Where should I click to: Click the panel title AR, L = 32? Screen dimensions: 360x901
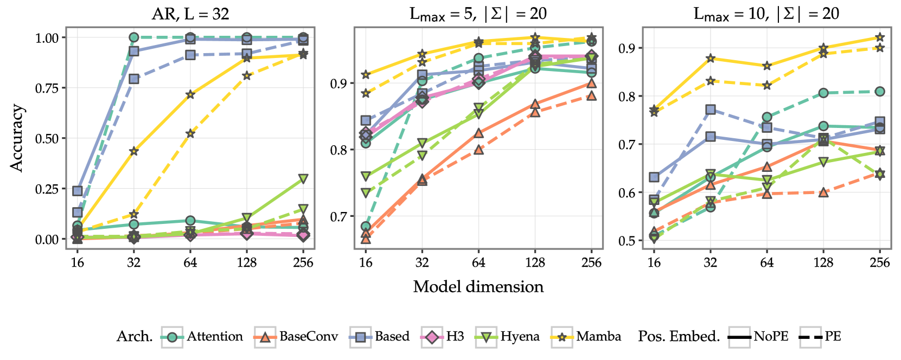(x=190, y=14)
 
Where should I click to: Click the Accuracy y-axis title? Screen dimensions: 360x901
(x=17, y=138)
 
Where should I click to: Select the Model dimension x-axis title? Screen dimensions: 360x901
(x=478, y=287)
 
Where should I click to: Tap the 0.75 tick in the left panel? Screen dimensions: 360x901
(x=47, y=88)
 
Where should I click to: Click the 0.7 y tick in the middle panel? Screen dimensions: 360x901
(x=338, y=217)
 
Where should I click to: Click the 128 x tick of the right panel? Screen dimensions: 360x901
(x=823, y=262)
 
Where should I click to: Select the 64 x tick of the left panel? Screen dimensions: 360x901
(x=190, y=262)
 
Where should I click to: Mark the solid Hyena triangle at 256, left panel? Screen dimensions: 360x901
(x=303, y=178)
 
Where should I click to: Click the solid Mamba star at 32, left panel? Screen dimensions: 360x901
(x=134, y=151)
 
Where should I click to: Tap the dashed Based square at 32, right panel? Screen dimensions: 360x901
(x=711, y=110)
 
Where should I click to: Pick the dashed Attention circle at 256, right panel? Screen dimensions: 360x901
(x=880, y=92)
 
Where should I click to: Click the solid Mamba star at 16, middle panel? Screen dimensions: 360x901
(x=366, y=74)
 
